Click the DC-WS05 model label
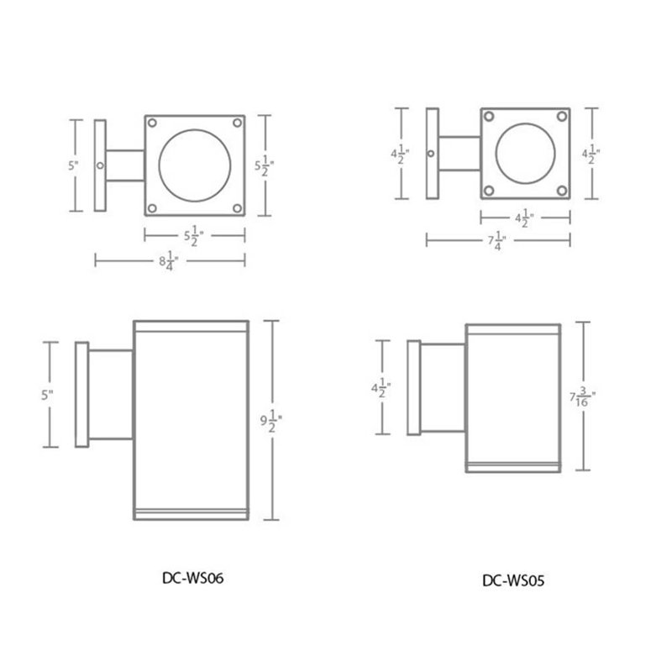pos(514,579)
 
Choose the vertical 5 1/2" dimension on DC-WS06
pos(263,165)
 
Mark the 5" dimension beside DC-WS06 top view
pos(75,165)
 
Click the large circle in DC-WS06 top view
pos(195,165)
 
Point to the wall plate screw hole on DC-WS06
pos(100,165)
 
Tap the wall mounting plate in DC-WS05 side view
pos(413,387)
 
